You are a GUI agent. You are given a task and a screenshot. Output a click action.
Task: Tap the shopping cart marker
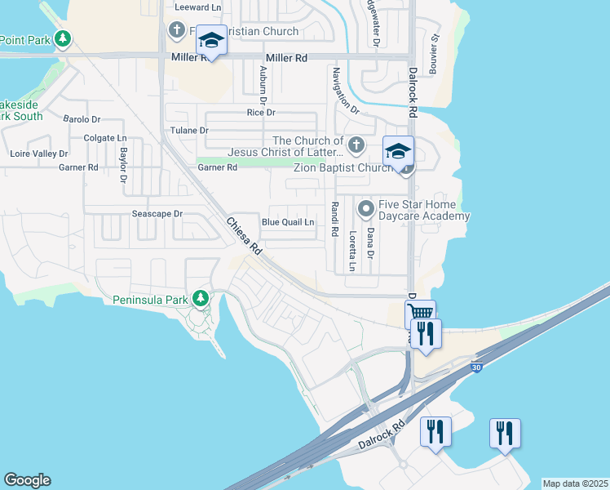420,313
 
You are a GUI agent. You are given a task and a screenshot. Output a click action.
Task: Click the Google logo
27,480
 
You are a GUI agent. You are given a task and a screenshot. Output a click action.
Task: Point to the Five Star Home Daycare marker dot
366,209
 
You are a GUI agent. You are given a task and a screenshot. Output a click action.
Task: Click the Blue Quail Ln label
287,222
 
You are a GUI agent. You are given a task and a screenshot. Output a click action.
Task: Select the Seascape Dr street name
157,214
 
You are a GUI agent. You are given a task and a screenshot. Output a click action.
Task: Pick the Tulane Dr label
189,131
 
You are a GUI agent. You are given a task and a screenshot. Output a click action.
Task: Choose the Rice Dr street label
261,113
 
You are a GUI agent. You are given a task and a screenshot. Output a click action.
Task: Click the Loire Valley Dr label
38,154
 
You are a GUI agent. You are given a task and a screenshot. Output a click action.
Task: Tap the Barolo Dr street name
81,119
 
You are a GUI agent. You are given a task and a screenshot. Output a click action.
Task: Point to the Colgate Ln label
105,139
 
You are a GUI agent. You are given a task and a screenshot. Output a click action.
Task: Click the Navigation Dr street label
345,90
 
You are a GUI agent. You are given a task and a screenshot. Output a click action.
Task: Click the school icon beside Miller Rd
211,41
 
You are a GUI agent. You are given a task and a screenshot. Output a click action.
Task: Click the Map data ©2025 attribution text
575,483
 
